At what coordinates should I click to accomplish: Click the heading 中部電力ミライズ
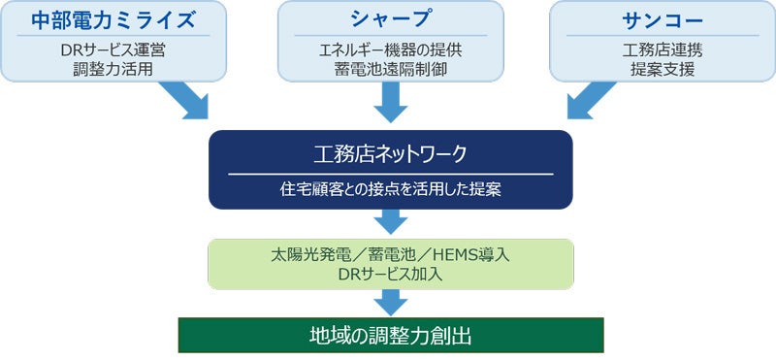(112, 19)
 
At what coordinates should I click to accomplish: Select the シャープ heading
(391, 19)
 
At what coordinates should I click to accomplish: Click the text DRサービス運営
(113, 51)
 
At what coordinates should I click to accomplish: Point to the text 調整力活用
(113, 70)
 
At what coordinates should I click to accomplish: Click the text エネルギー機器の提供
(391, 51)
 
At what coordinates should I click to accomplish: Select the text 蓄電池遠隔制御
(391, 70)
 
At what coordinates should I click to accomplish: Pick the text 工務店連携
(663, 51)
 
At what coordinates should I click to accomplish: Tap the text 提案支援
(663, 70)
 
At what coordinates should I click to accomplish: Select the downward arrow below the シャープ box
(391, 102)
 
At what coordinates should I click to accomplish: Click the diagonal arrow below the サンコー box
(590, 101)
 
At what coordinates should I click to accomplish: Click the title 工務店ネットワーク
(391, 154)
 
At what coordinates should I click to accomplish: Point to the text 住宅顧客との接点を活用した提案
(391, 190)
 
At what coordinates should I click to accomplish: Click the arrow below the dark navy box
(391, 222)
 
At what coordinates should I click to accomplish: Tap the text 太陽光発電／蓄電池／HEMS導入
(391, 255)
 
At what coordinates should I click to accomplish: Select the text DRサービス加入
(391, 274)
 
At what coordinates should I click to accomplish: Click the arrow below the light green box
(391, 303)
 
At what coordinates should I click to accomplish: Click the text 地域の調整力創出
(391, 335)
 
